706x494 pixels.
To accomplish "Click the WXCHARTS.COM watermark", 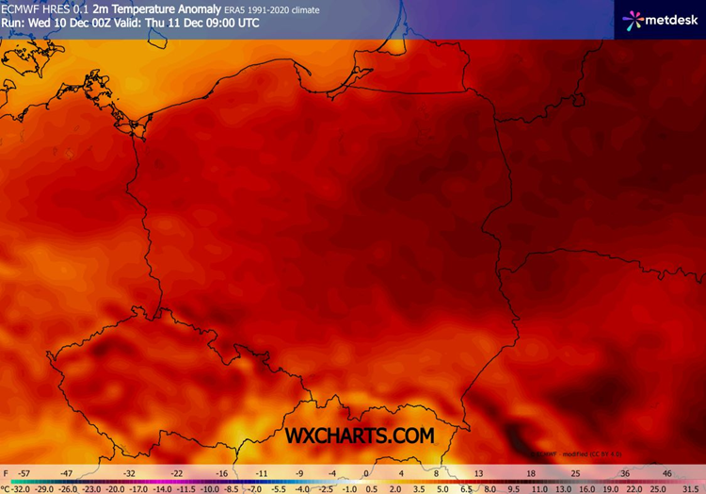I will (361, 435).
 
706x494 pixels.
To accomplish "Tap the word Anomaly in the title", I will (188, 9).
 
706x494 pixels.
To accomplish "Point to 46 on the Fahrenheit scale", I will (667, 472).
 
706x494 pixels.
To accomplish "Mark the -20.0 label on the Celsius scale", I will (115, 488).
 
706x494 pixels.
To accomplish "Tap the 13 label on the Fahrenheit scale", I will (478, 472).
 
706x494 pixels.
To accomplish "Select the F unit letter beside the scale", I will (6, 472).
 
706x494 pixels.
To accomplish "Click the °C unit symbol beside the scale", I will (5, 488).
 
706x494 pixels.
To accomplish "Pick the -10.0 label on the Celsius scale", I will (210, 488).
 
